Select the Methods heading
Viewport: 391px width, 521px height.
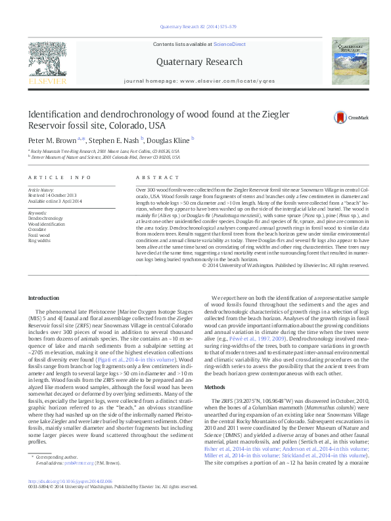(x=215, y=369)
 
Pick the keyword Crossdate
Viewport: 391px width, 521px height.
(x=37, y=228)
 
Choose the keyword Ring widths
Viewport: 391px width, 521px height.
(x=39, y=240)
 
